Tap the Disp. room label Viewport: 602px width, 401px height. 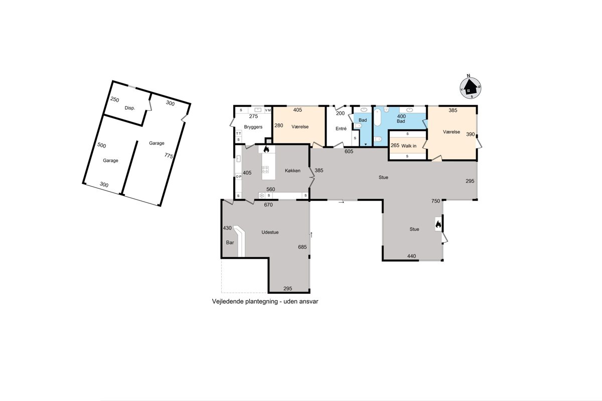(130, 108)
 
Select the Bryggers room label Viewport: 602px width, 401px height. (253, 127)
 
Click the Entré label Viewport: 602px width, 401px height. (341, 129)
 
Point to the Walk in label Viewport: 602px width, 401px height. (409, 146)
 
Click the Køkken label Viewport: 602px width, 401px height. (292, 170)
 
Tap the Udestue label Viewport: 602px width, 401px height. (270, 232)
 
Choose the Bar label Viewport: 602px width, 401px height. (230, 243)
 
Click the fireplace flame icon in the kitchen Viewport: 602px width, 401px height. (266, 149)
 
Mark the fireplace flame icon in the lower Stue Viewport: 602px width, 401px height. (438, 224)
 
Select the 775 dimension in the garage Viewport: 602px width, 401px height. (169, 156)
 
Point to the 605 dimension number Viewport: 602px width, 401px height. (349, 151)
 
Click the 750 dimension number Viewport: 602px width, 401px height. (435, 201)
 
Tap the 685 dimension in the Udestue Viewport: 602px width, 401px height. (303, 247)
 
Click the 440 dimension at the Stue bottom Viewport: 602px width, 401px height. (411, 256)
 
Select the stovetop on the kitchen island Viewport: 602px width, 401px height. (265, 169)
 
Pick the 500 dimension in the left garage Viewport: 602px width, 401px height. (101, 145)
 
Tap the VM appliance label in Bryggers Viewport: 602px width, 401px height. (268, 110)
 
